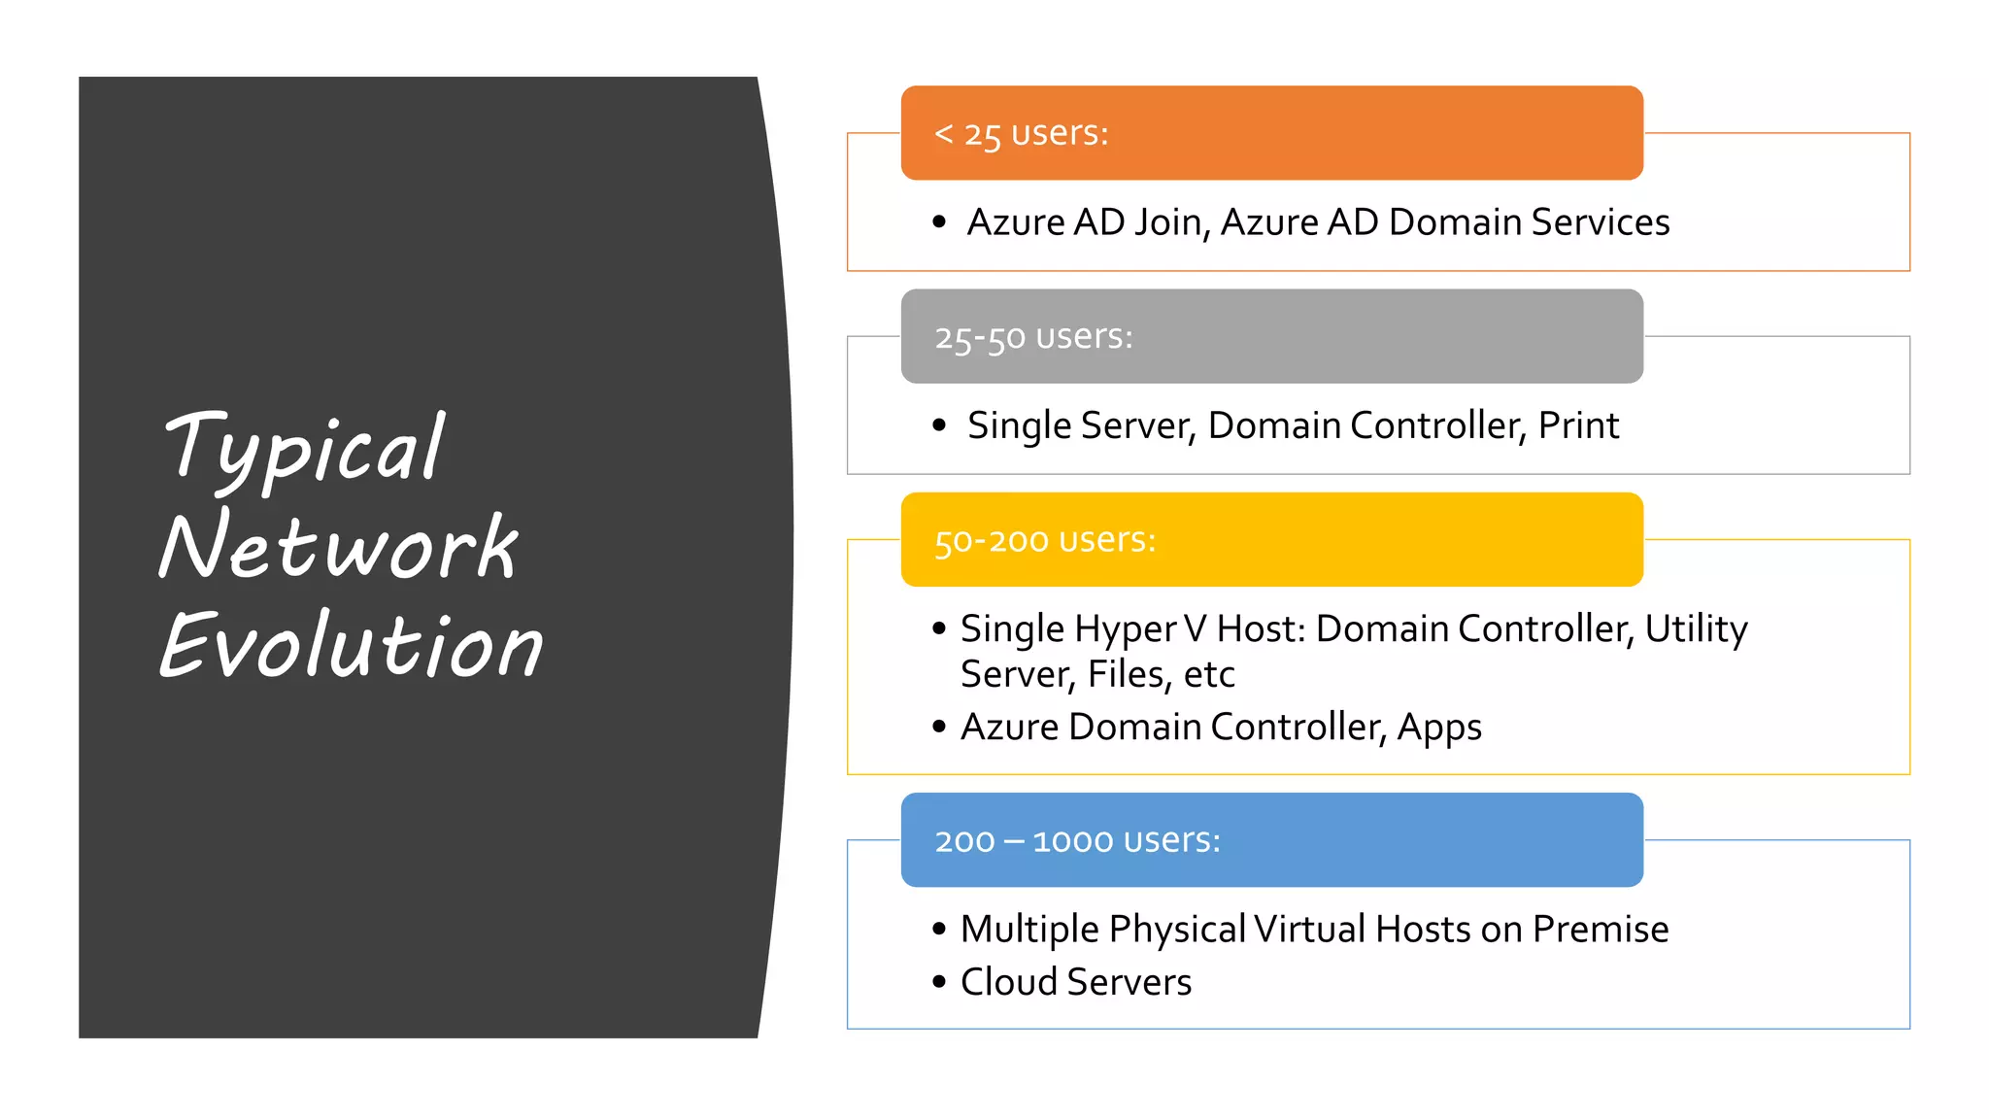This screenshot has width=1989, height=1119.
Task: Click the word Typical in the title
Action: [x=305, y=449]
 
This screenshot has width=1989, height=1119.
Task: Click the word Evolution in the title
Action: [x=351, y=645]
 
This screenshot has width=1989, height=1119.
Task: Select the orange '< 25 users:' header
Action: [x=1271, y=133]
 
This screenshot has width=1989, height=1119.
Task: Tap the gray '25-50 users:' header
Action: [x=1271, y=336]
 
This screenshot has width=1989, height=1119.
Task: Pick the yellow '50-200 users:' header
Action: [x=1271, y=540]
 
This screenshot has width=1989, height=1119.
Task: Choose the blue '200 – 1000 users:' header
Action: [x=1271, y=840]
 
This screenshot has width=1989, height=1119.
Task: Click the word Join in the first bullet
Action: [x=1171, y=223]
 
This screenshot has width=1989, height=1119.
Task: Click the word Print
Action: [x=1578, y=425]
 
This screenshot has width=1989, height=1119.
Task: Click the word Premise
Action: [x=1600, y=930]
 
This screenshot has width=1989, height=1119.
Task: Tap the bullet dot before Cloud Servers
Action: [x=939, y=982]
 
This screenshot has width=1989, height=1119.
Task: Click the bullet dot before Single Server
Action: [x=939, y=425]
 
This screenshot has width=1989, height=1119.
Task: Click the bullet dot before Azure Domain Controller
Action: [x=939, y=727]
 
